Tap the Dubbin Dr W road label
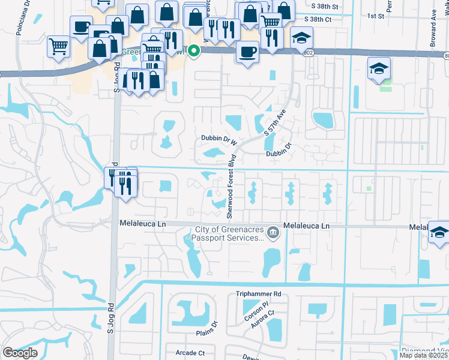click(x=218, y=140)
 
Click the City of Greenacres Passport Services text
click(x=229, y=234)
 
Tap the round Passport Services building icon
click(x=273, y=232)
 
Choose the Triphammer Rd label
click(x=258, y=295)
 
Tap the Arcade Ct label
click(x=190, y=353)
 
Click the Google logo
click(x=20, y=353)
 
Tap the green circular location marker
click(x=193, y=52)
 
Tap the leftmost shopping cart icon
click(x=58, y=45)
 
